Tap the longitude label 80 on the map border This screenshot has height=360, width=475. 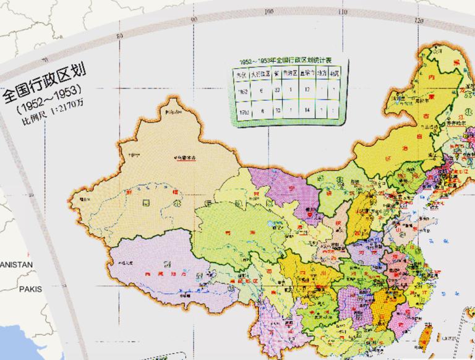[119, 35]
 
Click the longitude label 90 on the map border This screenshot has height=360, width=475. [194, 19]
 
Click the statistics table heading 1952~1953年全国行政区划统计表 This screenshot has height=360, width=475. [288, 61]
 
